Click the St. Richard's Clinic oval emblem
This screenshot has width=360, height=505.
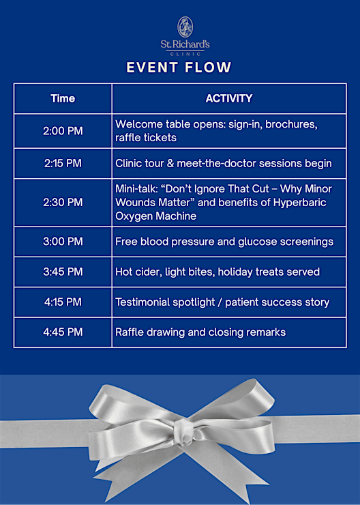[x=185, y=27]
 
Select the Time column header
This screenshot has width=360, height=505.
[x=63, y=98]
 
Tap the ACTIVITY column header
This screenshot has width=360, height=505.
[x=228, y=98]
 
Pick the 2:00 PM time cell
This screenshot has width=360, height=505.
[x=63, y=131]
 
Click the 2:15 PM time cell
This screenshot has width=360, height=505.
[x=63, y=163]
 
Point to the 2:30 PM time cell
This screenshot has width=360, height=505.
[x=63, y=202]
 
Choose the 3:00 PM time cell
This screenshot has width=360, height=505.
[x=63, y=242]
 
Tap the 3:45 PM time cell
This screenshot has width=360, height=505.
[x=63, y=272]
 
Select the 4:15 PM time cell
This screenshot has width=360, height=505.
[x=63, y=302]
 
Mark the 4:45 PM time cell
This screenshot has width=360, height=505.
[x=63, y=332]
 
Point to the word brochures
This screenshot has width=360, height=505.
[x=291, y=124]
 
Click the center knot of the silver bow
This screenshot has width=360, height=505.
[x=185, y=431]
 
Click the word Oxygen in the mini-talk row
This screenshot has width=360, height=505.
[x=134, y=216]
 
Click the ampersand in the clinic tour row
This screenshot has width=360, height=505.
[x=170, y=163]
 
